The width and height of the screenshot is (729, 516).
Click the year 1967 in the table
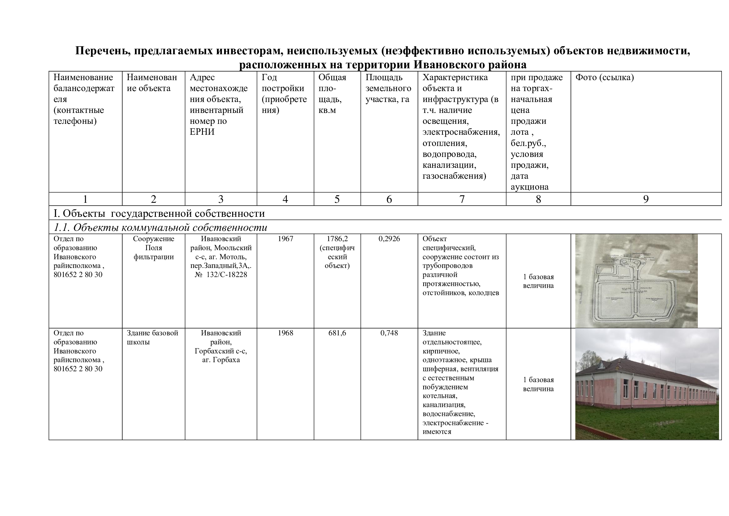tap(285, 239)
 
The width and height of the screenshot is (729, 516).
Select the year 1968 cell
tap(285, 333)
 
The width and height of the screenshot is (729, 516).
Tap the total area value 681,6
tap(337, 333)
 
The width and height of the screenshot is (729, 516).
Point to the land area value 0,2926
tap(389, 239)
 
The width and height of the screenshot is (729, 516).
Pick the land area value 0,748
tap(389, 333)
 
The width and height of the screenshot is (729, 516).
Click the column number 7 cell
tap(462, 199)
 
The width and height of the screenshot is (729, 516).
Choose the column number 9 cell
tap(645, 199)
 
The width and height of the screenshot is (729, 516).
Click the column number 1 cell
tap(85, 199)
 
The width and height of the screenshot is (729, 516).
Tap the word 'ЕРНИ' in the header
tap(202, 132)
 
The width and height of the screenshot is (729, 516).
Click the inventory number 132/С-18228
tap(226, 275)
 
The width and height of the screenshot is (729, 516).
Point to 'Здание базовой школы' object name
tap(152, 338)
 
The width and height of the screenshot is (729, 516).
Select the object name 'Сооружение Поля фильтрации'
tap(153, 248)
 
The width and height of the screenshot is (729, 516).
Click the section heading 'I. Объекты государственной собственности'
tap(159, 213)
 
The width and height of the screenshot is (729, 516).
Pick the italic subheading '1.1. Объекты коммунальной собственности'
tap(160, 227)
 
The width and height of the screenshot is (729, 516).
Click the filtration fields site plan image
tap(636, 281)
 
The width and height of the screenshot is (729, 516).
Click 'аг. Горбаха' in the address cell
tap(221, 360)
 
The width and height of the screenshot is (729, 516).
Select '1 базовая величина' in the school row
tap(538, 384)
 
